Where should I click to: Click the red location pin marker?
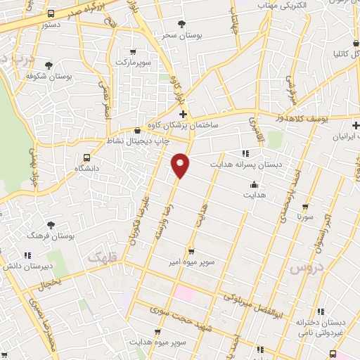pos(180,165)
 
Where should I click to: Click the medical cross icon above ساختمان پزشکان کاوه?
pos(184,114)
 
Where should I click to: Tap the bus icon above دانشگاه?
pos(86,158)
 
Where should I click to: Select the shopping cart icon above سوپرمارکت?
pos(134,52)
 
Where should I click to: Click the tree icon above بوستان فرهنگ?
pos(50,225)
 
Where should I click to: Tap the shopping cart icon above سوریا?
pos(304,207)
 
